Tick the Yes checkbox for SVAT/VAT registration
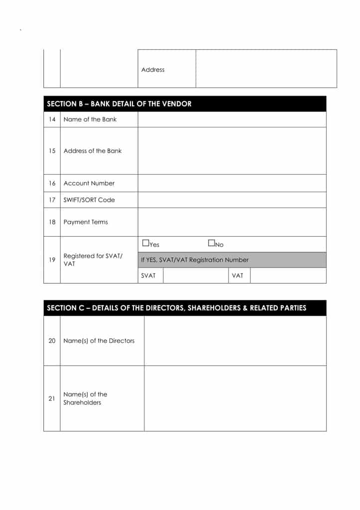coord(145,244)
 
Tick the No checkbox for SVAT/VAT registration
coord(211,244)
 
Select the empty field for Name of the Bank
coord(232,120)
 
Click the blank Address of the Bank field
coord(232,151)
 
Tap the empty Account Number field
coord(232,183)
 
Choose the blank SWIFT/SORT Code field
coord(232,200)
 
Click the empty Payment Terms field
coord(232,222)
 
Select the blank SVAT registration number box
coord(196,275)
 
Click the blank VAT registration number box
coord(288,275)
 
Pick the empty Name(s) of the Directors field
coord(235,341)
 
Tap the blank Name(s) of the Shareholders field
coord(235,398)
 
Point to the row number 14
coord(52,120)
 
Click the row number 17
coord(52,200)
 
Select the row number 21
coord(52,398)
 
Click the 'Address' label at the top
coord(153,70)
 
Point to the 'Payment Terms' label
coord(86,222)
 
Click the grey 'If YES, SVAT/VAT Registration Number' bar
coord(232,260)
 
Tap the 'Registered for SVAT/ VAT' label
coord(93,259)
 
